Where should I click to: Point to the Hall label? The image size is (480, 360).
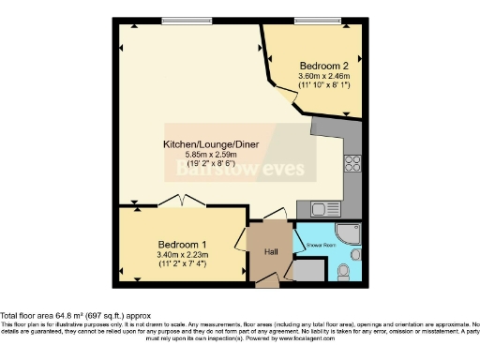[x=270, y=252]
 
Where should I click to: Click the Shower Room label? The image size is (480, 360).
[x=320, y=246]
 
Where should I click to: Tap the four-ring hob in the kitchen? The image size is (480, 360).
[x=353, y=165]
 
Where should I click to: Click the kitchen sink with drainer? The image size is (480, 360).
[x=324, y=208]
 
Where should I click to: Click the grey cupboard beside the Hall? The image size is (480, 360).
[x=307, y=270]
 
